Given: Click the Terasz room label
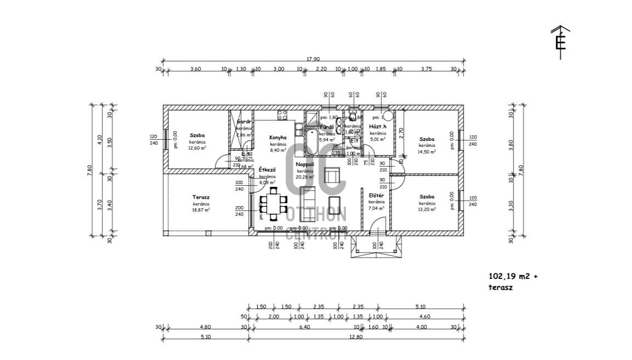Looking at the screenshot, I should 201,197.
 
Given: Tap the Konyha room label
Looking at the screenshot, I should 278,138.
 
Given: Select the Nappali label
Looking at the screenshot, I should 305,164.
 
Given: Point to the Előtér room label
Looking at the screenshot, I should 377,195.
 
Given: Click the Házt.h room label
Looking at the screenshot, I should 378,127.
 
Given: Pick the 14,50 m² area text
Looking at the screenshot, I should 427,152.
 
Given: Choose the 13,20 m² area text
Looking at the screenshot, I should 427,209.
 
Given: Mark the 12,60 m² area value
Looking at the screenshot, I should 197,148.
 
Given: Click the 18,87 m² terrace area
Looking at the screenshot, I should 201,209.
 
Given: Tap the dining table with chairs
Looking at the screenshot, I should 273,204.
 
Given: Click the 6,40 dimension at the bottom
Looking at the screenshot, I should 304,327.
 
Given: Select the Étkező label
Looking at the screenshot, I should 267,170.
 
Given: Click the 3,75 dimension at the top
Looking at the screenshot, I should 426,68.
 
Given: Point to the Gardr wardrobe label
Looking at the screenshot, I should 244,122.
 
